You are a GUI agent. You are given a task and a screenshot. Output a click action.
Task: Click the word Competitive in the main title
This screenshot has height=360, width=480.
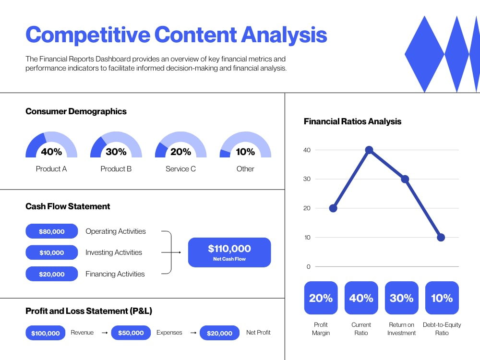click(86, 35)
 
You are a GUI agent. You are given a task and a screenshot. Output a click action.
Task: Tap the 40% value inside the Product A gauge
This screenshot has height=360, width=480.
click(51, 152)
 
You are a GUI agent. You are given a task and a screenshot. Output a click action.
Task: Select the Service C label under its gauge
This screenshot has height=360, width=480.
click(180, 169)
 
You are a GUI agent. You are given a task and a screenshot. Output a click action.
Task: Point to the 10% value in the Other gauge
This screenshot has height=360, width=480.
click(245, 152)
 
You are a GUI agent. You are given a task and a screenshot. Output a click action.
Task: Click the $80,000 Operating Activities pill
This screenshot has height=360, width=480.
click(51, 231)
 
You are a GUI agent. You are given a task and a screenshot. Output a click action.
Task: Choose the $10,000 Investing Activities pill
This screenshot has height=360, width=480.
click(51, 252)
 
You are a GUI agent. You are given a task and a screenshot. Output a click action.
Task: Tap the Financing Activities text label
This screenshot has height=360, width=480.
click(115, 274)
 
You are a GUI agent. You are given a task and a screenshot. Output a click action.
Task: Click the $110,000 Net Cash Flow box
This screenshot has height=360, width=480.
click(229, 252)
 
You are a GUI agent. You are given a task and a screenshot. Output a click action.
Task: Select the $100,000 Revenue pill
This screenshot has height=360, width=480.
click(46, 333)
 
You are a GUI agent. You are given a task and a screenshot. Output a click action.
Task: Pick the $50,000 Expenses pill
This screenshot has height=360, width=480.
click(131, 333)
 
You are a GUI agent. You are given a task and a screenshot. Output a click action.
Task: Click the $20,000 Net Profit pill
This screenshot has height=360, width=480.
click(219, 333)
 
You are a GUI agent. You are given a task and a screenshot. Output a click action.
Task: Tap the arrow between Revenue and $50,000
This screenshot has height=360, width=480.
click(104, 333)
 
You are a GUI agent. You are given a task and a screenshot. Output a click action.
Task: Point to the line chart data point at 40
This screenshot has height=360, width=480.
click(369, 150)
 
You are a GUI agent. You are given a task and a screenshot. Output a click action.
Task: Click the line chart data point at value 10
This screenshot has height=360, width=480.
click(441, 238)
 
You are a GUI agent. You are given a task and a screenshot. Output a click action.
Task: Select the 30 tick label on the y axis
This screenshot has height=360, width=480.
click(307, 179)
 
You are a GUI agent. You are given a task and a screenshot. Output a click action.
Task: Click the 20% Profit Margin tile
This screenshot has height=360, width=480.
click(321, 298)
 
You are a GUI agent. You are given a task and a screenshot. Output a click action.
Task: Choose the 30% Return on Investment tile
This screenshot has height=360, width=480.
click(401, 298)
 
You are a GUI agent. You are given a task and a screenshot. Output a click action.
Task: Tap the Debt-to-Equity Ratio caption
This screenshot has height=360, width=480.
click(442, 329)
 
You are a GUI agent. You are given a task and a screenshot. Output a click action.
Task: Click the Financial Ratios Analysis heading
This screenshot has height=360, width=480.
click(352, 121)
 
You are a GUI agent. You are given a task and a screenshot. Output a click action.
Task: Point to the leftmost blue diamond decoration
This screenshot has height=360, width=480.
click(424, 54)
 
